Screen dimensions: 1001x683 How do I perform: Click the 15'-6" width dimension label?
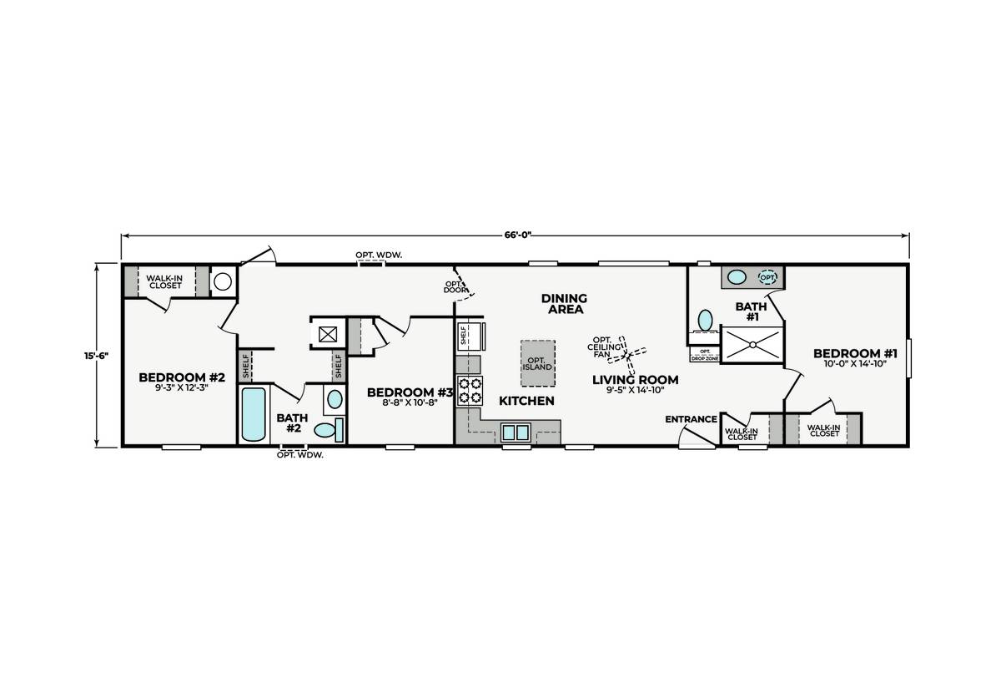[x=96, y=356]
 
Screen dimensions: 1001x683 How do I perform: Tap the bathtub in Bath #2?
[x=254, y=414]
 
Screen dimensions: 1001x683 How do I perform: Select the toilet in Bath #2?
[x=329, y=430]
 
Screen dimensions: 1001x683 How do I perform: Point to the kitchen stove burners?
[x=469, y=391]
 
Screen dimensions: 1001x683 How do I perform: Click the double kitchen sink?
[x=516, y=433]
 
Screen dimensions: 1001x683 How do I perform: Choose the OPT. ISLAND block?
[x=537, y=364]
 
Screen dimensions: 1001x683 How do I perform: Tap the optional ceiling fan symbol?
[x=627, y=356]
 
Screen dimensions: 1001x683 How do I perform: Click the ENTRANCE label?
[x=691, y=419]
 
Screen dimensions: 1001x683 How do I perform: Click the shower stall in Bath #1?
[x=752, y=345]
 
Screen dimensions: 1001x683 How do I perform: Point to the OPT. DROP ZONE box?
[x=705, y=354]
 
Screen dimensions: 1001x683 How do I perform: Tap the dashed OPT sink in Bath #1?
[x=767, y=277]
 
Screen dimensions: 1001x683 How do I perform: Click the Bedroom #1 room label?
[x=855, y=353]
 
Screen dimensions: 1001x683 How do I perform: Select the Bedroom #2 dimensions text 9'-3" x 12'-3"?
[x=182, y=387]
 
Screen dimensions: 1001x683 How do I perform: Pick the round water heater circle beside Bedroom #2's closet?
[x=223, y=281]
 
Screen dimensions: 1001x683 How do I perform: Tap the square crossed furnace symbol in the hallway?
[x=328, y=334]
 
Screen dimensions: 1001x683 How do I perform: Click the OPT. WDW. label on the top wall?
[x=379, y=255]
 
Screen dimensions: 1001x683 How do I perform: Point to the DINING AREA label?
[x=565, y=303]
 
